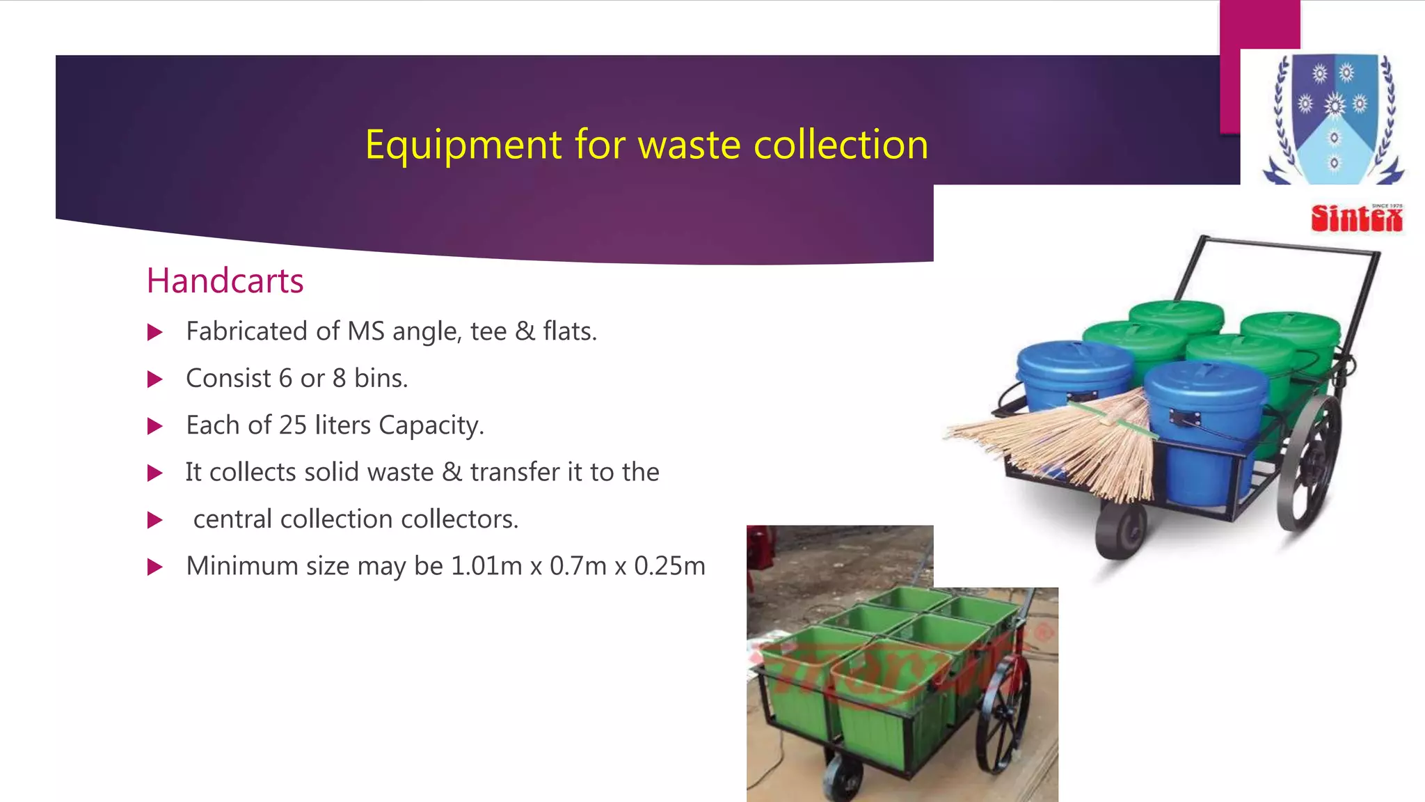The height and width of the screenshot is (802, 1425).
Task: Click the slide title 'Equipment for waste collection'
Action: pyautogui.click(x=646, y=145)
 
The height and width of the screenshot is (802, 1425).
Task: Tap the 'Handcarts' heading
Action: pyautogui.click(x=225, y=281)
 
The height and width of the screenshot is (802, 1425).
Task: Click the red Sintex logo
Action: pyautogui.click(x=1356, y=219)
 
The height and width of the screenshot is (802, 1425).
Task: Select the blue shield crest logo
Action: pyautogui.click(x=1334, y=118)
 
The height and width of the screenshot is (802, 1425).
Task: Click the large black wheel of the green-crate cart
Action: pyautogui.click(x=1003, y=714)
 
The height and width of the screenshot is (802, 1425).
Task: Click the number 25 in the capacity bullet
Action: pyautogui.click(x=292, y=425)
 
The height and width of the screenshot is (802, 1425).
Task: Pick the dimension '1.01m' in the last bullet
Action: pyautogui.click(x=486, y=566)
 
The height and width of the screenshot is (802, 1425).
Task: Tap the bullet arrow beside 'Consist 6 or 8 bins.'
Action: pyautogui.click(x=155, y=379)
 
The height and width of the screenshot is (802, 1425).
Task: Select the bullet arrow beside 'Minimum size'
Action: pyautogui.click(x=155, y=567)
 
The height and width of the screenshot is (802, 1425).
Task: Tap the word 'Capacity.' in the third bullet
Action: pyautogui.click(x=431, y=425)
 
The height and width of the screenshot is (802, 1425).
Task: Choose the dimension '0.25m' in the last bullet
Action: pyautogui.click(x=669, y=566)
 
